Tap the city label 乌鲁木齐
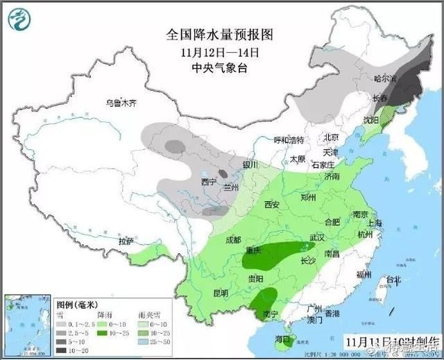pos(121,103)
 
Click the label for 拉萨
pos(126,241)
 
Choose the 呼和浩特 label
pos(289,140)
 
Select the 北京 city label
pos(330,137)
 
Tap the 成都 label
pos(234,240)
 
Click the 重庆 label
pos(253,250)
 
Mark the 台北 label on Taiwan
pos(393,280)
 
